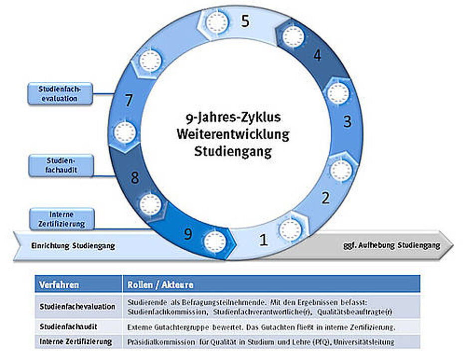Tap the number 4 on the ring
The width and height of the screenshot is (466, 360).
click(x=317, y=55)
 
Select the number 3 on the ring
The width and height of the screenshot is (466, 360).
click(x=347, y=121)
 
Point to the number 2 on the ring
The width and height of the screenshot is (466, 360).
click(x=325, y=198)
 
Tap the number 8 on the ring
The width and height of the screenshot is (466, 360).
click(x=135, y=178)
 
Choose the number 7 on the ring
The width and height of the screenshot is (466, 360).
click(x=129, y=100)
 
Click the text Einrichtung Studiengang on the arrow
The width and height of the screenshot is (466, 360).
click(x=73, y=246)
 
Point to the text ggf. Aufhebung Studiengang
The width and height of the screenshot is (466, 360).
click(x=392, y=245)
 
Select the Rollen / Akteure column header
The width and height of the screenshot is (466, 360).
click(x=160, y=285)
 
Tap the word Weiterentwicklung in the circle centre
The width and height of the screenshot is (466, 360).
click(x=233, y=135)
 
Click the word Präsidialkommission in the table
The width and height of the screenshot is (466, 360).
click(x=157, y=342)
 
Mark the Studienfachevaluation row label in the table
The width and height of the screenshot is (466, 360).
click(x=77, y=306)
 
